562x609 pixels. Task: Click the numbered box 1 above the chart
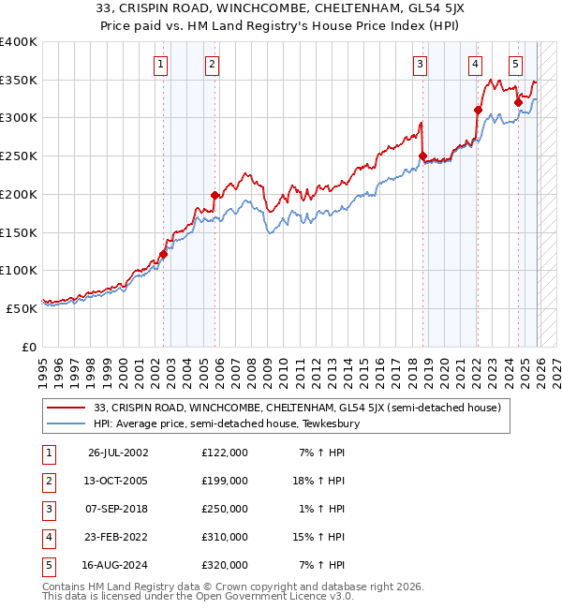pyautogui.click(x=161, y=65)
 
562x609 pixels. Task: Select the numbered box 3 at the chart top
pyautogui.click(x=421, y=65)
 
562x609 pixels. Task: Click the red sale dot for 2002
pyautogui.click(x=163, y=253)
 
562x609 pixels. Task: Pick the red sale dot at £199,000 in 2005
pyautogui.click(x=214, y=195)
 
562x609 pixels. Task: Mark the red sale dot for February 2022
pyautogui.click(x=478, y=110)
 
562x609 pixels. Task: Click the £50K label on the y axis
pyautogui.click(x=22, y=308)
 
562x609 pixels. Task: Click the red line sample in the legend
pyautogui.click(x=67, y=408)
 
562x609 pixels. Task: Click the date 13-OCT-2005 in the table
pyautogui.click(x=117, y=480)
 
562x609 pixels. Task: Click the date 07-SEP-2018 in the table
pyautogui.click(x=117, y=509)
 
